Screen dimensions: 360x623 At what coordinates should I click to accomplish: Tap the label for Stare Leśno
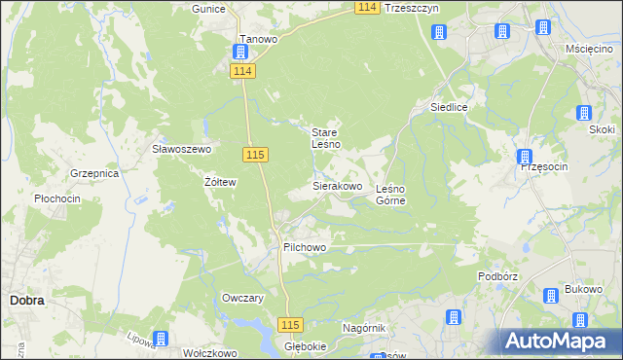[325, 138]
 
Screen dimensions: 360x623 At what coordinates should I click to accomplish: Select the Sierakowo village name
[337, 185]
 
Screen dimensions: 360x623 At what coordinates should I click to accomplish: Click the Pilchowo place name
[304, 248]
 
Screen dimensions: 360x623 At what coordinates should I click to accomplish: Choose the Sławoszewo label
[181, 149]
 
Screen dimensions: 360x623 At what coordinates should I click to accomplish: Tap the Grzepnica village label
[93, 173]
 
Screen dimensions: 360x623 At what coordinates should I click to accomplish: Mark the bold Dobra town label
[26, 301]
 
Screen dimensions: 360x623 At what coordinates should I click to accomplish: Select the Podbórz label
[496, 275]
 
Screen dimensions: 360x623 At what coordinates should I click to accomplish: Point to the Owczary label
[243, 299]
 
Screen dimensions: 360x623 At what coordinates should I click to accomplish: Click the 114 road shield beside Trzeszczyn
[366, 7]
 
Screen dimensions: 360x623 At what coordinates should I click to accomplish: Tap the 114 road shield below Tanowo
[243, 71]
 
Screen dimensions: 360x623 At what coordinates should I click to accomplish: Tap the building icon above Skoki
[584, 113]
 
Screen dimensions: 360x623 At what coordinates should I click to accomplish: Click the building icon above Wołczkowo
[161, 339]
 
